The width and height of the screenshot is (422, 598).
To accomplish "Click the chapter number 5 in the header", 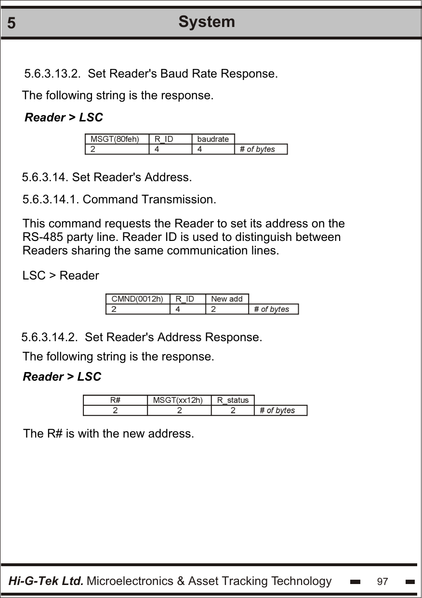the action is click(x=12, y=23).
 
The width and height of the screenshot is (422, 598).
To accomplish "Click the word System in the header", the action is click(x=207, y=22).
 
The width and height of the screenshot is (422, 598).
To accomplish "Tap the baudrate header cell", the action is click(x=213, y=139).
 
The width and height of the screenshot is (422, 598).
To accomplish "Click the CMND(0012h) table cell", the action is click(x=137, y=299).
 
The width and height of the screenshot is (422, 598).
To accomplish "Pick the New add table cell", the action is click(x=227, y=299).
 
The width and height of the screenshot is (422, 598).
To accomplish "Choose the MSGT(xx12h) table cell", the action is click(x=178, y=400).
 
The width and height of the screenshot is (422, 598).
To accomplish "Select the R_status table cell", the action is click(x=233, y=400).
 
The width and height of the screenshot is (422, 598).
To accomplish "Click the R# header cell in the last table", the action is click(x=115, y=400).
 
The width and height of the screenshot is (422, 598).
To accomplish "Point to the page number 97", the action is click(x=382, y=582).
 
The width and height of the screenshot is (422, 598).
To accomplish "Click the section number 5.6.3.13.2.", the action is click(x=52, y=74).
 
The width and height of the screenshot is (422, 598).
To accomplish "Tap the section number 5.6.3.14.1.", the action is click(x=52, y=199).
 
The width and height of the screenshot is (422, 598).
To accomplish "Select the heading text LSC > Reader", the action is click(x=61, y=276).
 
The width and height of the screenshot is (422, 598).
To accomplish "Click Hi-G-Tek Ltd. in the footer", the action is click(x=46, y=581).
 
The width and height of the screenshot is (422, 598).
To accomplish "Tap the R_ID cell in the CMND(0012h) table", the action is click(x=185, y=299).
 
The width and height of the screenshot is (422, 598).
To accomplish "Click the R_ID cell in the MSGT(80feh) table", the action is click(x=164, y=139).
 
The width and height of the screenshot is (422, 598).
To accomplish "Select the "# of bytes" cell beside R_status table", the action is click(x=277, y=410).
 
